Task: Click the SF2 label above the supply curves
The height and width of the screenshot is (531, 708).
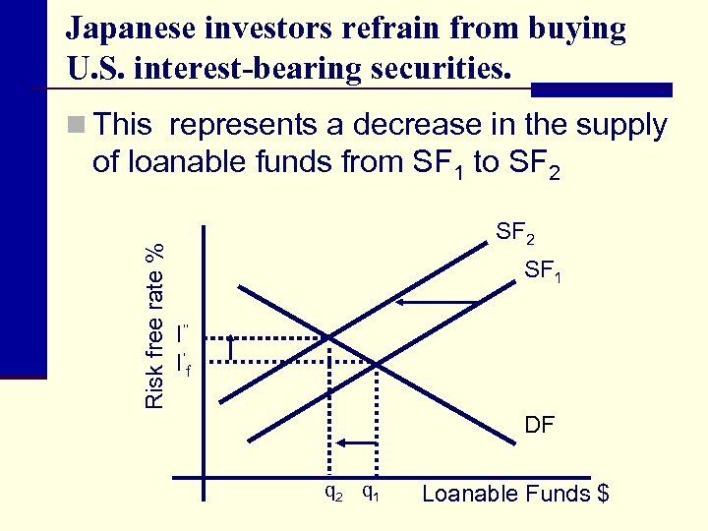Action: [x=515, y=234]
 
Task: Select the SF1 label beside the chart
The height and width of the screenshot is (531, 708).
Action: [x=544, y=268]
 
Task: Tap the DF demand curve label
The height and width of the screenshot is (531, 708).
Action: [x=539, y=425]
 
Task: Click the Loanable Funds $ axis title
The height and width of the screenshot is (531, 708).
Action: [x=515, y=493]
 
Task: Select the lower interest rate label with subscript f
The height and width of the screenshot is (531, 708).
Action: [x=183, y=364]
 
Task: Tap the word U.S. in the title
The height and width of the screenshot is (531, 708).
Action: [x=98, y=68]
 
